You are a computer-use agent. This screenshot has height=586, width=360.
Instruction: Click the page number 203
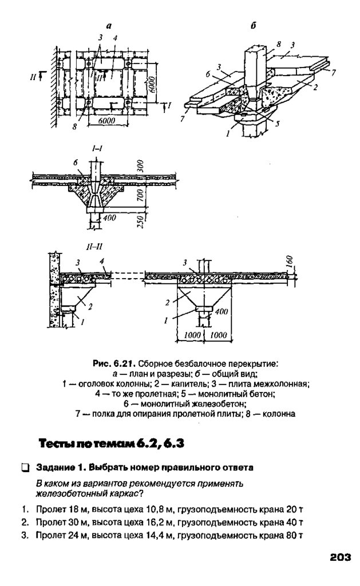339,556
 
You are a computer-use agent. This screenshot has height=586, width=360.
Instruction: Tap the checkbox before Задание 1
25,468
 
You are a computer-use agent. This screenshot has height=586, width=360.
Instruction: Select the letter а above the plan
108,25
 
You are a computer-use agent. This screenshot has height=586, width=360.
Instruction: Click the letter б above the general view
254,26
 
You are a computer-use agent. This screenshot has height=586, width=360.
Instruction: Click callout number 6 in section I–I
76,162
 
